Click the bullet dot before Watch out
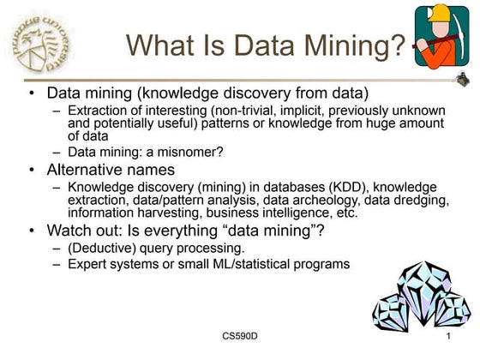tap(31, 231)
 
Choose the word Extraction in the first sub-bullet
tap(98, 111)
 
